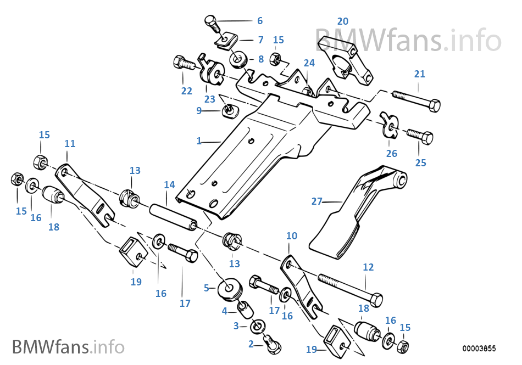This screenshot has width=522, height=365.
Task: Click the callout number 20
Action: tap(342, 21)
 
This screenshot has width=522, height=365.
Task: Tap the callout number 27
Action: tap(317, 201)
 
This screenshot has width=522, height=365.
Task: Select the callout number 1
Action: tap(199, 141)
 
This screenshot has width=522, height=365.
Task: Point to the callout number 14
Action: tap(169, 186)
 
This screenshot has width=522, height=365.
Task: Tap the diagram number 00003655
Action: tap(479, 348)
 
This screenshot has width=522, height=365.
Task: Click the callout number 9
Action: tap(199, 110)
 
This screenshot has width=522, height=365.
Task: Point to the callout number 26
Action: tap(391, 153)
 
